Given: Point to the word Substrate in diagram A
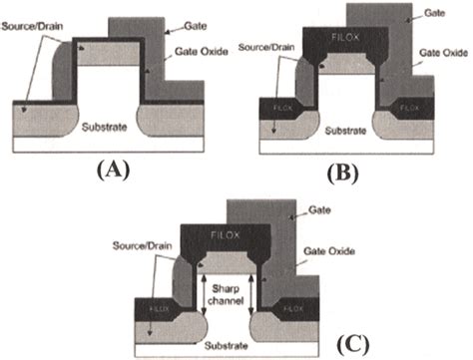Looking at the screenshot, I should pyautogui.click(x=112, y=130).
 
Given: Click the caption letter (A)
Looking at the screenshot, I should pyautogui.click(x=118, y=170).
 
